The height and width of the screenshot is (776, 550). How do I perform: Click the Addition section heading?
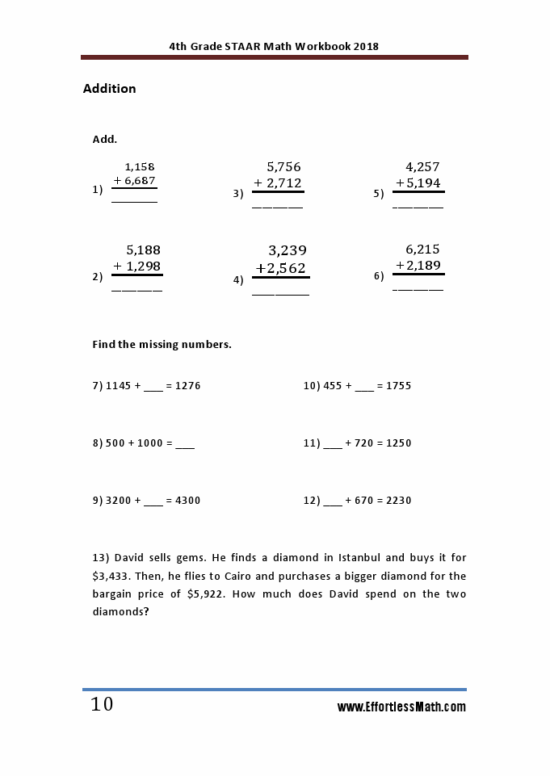[109, 89]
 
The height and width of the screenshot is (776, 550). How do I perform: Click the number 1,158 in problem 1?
[139, 167]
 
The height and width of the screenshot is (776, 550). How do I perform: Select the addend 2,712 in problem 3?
[283, 183]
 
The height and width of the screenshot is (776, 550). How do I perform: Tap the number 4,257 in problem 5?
[422, 167]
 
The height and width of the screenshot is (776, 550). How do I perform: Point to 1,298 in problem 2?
[143, 266]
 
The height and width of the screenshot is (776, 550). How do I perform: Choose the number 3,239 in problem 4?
[288, 250]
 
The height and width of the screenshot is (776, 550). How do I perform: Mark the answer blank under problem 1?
[134, 199]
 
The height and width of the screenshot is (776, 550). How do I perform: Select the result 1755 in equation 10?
[398, 386]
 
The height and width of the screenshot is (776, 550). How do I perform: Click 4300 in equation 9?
[187, 501]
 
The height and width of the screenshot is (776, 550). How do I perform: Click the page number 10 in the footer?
[102, 705]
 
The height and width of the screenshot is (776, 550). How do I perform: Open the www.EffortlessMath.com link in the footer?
[401, 707]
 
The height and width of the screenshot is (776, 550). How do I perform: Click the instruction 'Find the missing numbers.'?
[162, 345]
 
